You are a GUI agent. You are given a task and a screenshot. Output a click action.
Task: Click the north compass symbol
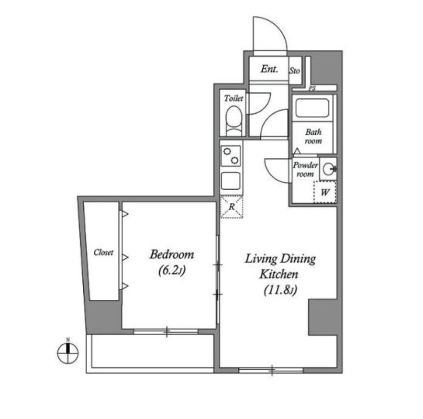pyautogui.click(x=68, y=353)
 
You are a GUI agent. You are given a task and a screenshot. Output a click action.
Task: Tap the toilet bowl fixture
pyautogui.click(x=234, y=121)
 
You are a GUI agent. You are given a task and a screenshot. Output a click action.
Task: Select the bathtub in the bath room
pyautogui.click(x=312, y=108)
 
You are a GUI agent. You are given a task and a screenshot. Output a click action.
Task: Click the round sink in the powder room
pyautogui.click(x=328, y=169)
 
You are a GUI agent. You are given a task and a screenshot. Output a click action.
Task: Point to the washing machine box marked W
pyautogui.click(x=325, y=192)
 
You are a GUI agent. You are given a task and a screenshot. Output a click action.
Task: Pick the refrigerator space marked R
pyautogui.click(x=232, y=207)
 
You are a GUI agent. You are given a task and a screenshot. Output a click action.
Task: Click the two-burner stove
pyautogui.click(x=231, y=156)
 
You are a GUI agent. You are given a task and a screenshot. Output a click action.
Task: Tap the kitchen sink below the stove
pyautogui.click(x=231, y=181)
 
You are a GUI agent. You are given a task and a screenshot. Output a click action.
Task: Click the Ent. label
pyautogui.click(x=269, y=69)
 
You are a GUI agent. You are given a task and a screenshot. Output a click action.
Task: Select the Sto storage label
pyautogui.click(x=295, y=71)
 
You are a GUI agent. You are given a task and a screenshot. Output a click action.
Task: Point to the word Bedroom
pyautogui.click(x=172, y=254)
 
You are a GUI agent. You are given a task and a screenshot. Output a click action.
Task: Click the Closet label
pyautogui.click(x=103, y=252)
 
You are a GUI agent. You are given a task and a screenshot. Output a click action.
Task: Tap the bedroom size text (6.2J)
pyautogui.click(x=172, y=270)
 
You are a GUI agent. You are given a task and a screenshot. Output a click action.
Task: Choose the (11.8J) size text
pyautogui.click(x=280, y=290)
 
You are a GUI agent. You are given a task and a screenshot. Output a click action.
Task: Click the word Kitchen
pyautogui.click(x=279, y=274)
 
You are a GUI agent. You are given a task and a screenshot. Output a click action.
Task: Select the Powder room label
pyautogui.click(x=305, y=169)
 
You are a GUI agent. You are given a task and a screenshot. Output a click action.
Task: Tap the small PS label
pyautogui.click(x=312, y=88)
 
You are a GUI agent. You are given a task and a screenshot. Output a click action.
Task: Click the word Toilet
pyautogui.click(x=234, y=98)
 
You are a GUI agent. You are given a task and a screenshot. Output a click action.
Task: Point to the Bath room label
pyautogui.click(x=313, y=136)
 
